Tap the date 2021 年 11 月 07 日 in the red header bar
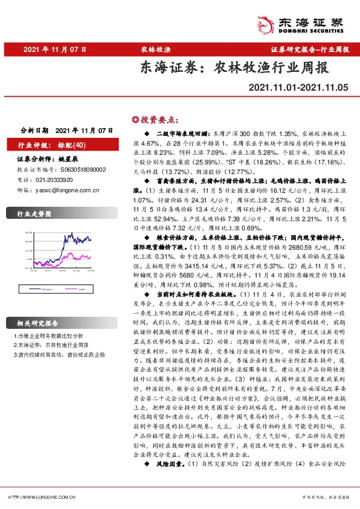click(55, 50)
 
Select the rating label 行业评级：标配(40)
click(53, 145)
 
